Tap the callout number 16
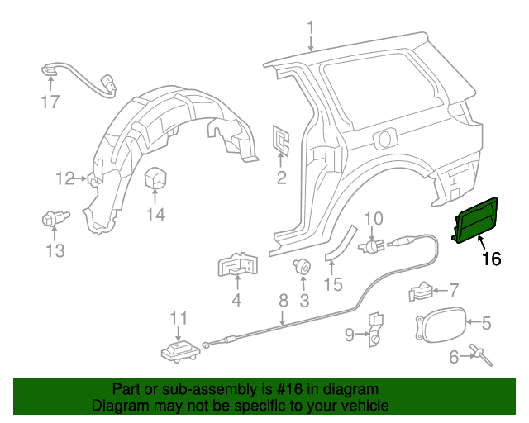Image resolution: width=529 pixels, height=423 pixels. pyautogui.click(x=491, y=259)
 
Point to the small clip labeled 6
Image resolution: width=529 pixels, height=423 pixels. pyautogui.click(x=479, y=355)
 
